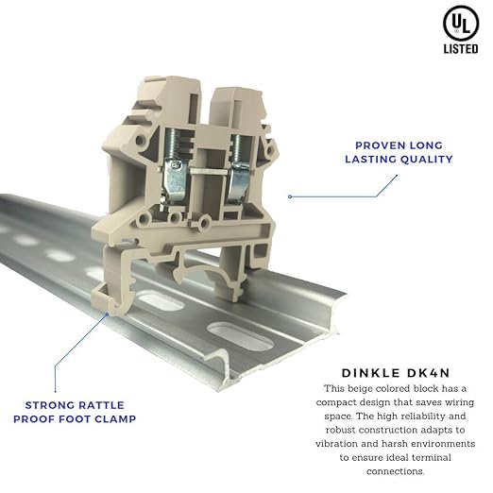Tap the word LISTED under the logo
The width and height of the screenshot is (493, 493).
point(461,49)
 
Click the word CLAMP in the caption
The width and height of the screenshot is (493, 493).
point(115,419)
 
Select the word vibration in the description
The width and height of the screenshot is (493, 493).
point(336,444)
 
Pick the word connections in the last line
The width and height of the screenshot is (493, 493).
point(395,471)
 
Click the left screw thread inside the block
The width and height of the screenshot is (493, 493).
point(172,144)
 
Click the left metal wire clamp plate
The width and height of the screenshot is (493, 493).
point(174,180)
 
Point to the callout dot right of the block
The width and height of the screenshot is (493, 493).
point(290,196)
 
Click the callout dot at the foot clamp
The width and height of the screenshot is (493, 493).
point(108,314)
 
